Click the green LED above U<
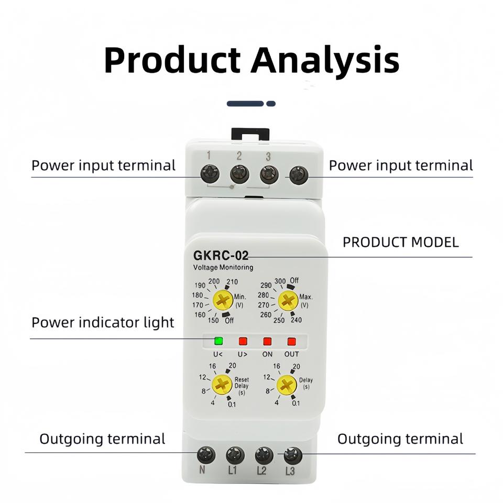[x=218, y=342]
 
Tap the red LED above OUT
[x=292, y=342]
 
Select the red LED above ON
[x=267, y=342]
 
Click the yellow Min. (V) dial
[x=223, y=301]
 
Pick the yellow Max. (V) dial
[x=288, y=301]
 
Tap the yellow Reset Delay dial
[x=223, y=385]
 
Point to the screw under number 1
[x=210, y=172]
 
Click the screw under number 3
[x=269, y=172]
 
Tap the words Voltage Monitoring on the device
[x=224, y=267]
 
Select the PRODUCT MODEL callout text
[x=401, y=242]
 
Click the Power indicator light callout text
[x=103, y=322]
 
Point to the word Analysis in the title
[x=325, y=60]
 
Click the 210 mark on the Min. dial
[x=232, y=282]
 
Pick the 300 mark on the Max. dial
[x=280, y=281]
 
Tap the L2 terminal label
[x=261, y=470]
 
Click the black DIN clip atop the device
[x=250, y=134]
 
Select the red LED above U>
[x=243, y=342]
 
